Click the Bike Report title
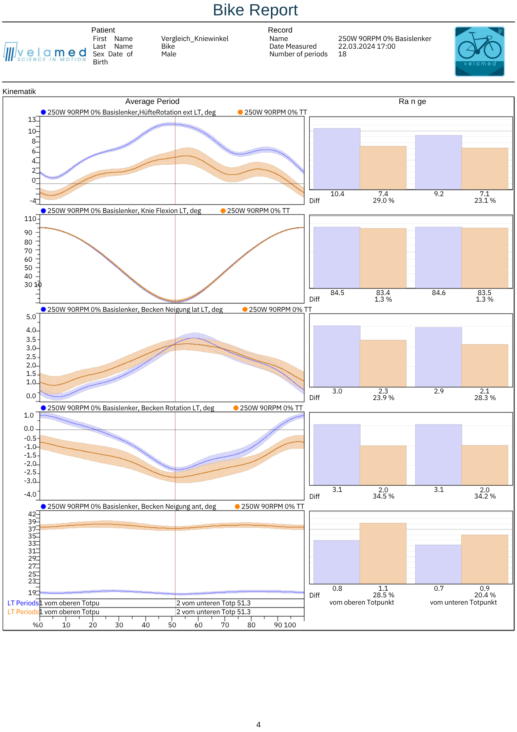(x=255, y=10)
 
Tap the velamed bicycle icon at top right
(x=479, y=51)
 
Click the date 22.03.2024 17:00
(x=366, y=46)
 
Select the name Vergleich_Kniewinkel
(x=195, y=39)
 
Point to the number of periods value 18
(x=342, y=54)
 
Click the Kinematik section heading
(x=19, y=91)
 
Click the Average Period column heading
(x=152, y=101)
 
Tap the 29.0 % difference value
(x=383, y=201)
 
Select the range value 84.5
(x=337, y=293)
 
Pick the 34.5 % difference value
(x=383, y=496)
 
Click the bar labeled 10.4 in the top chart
(x=337, y=159)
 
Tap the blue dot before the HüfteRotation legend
(x=44, y=112)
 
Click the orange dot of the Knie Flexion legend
(x=223, y=211)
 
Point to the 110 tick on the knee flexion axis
(x=30, y=219)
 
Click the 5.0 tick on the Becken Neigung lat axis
(x=31, y=317)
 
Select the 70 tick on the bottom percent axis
(x=225, y=625)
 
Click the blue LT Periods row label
(x=23, y=603)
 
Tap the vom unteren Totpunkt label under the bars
(x=463, y=602)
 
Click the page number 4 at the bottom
(x=258, y=725)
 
